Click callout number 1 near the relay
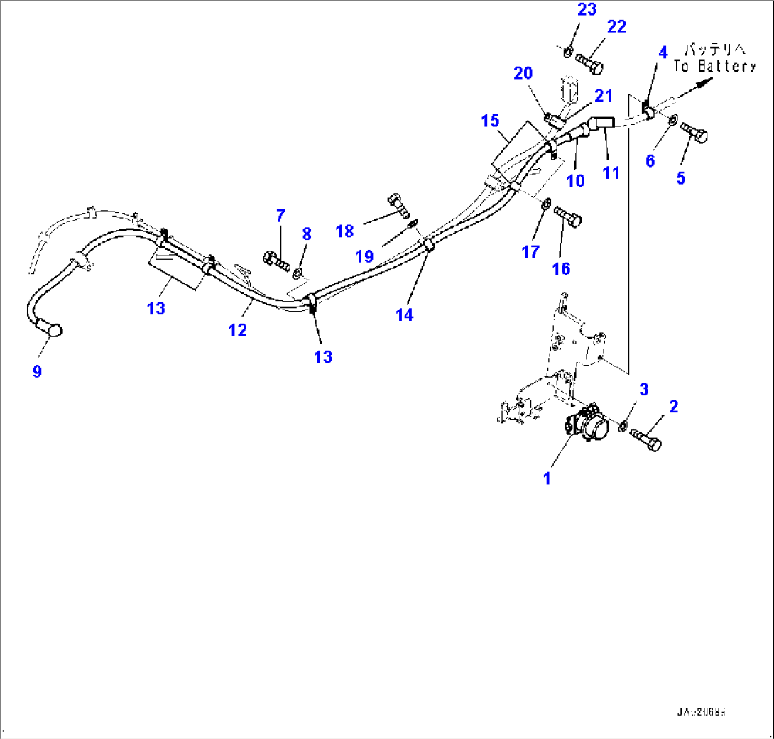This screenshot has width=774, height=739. click(547, 478)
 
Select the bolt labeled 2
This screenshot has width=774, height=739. click(644, 437)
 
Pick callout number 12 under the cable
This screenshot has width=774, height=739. click(238, 329)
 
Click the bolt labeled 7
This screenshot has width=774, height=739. click(276, 260)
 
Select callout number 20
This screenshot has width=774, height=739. click(523, 74)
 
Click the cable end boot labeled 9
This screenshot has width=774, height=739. click(51, 329)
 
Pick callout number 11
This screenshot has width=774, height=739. click(611, 173)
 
